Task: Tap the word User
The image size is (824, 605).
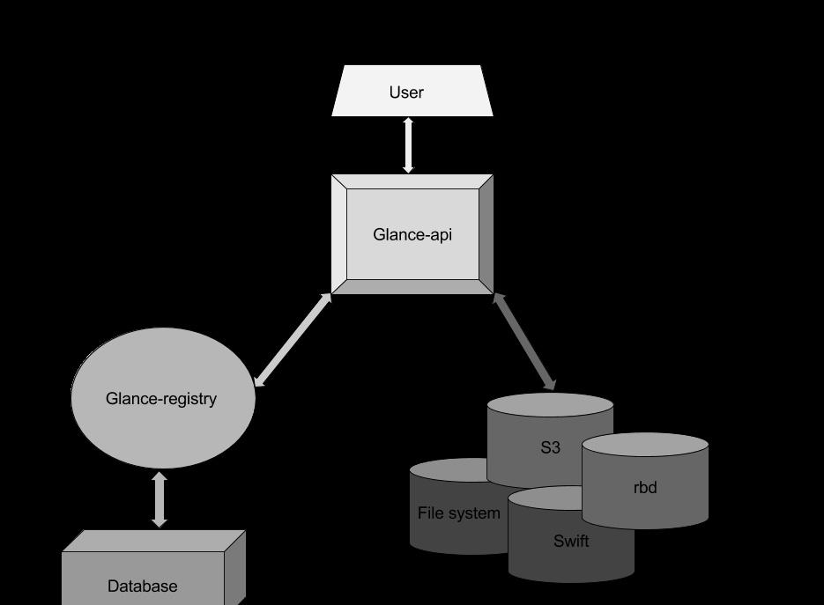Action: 406,92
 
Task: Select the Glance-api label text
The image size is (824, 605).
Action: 412,234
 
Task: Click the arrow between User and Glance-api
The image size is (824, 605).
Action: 408,145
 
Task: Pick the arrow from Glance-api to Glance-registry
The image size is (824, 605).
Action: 293,340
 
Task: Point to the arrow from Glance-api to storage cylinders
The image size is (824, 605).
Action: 524,342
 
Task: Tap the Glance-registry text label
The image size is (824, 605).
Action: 161,399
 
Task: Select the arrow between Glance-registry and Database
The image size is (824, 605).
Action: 160,499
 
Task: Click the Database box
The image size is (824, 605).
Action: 97,572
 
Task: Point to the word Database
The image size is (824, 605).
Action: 143,586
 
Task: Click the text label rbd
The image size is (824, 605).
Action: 645,487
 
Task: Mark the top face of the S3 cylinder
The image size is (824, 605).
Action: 550,405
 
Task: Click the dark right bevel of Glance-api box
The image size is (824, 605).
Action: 486,234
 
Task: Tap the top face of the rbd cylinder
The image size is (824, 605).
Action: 645,446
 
